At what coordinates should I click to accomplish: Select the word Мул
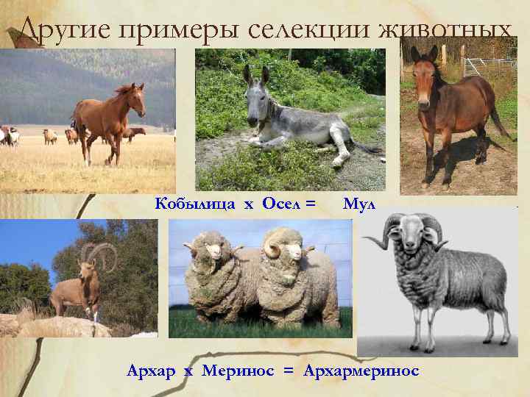click(x=359, y=204)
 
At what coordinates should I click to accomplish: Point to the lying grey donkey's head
click(x=256, y=103)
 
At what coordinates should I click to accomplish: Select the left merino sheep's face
click(x=213, y=254)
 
